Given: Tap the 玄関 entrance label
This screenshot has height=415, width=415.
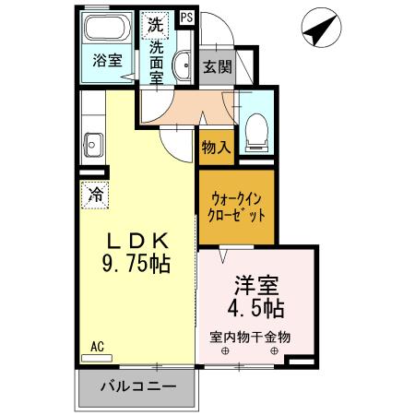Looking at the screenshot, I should [217, 67].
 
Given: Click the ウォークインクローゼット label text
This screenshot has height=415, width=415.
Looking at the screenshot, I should [237, 204].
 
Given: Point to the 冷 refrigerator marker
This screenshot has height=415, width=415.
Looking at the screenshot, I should [94, 194].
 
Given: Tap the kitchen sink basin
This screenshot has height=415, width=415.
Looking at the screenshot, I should [92, 143].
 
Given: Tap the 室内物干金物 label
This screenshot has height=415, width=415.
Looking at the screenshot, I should [250, 337].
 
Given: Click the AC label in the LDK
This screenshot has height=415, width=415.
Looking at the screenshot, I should [96, 347].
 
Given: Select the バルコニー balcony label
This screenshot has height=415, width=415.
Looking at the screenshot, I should [136, 386].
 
